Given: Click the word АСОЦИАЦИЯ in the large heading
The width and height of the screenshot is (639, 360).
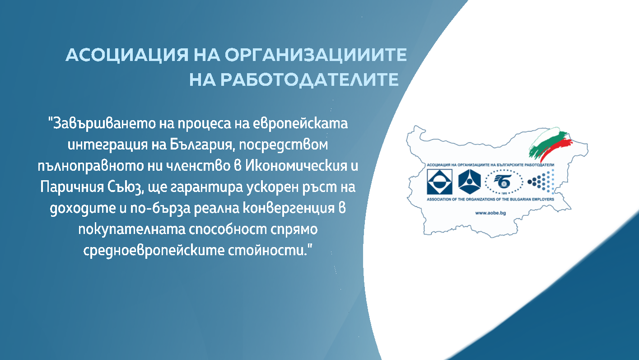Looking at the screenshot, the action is (x=127, y=55).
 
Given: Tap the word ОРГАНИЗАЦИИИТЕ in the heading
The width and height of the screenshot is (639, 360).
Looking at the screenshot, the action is (x=316, y=55).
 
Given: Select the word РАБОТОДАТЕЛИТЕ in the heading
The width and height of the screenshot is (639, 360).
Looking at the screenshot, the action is (x=309, y=79).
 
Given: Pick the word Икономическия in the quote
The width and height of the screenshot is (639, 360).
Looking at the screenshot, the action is (x=296, y=166).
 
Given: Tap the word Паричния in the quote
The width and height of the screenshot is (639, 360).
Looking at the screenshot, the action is (x=72, y=187).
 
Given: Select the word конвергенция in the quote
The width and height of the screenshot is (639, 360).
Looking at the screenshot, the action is (x=289, y=208).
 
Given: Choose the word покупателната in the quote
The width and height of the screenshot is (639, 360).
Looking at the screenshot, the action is (x=132, y=229).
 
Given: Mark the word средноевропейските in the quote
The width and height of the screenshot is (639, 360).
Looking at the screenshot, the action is (x=154, y=250).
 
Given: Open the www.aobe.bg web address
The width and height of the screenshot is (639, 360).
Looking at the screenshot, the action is (x=490, y=213).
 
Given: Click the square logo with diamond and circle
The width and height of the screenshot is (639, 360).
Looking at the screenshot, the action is (x=439, y=182).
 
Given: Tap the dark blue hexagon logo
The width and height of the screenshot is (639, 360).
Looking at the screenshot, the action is (x=469, y=182).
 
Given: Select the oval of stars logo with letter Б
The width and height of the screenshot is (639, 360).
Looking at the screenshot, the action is (x=504, y=182).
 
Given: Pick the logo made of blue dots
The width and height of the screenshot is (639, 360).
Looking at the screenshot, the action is (x=541, y=182).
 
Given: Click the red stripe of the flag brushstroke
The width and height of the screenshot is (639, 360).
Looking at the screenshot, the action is (x=556, y=148).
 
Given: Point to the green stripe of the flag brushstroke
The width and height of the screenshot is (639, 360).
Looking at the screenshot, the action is (x=546, y=144).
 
